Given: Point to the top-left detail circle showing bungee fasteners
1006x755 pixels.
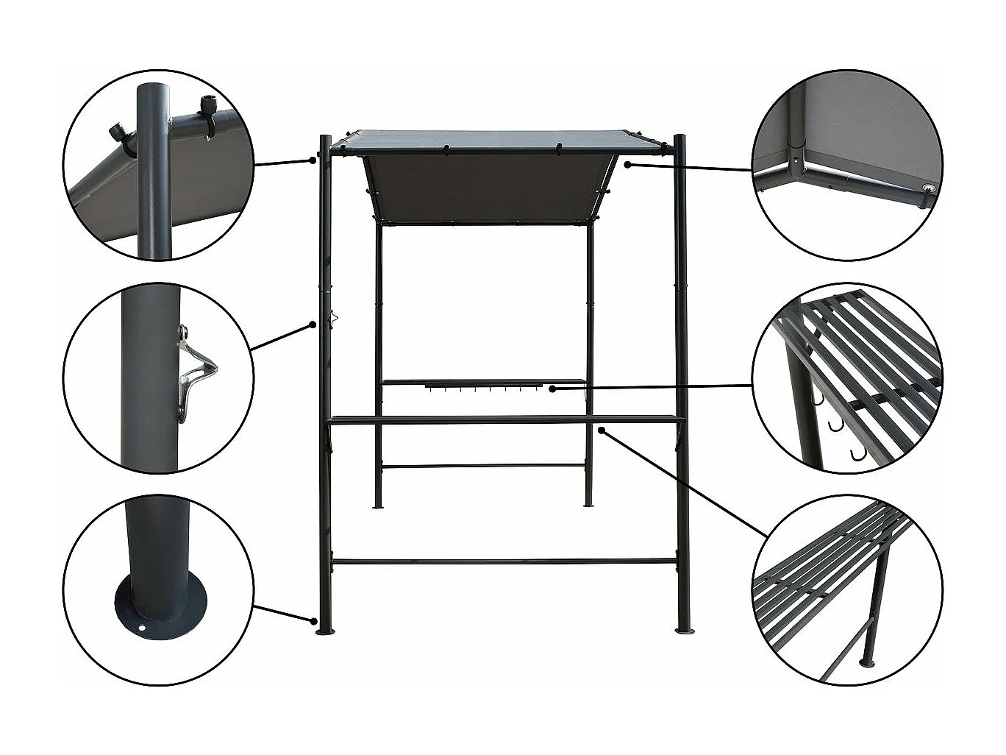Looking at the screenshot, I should [158, 165].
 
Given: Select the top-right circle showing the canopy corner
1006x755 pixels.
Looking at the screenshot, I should [846, 165].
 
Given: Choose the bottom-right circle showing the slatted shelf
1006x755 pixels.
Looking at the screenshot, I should [846, 589].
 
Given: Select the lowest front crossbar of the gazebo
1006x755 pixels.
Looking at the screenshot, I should [504, 561].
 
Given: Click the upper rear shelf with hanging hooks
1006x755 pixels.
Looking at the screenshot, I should [482, 383].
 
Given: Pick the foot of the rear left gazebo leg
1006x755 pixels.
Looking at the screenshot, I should [379, 506].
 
